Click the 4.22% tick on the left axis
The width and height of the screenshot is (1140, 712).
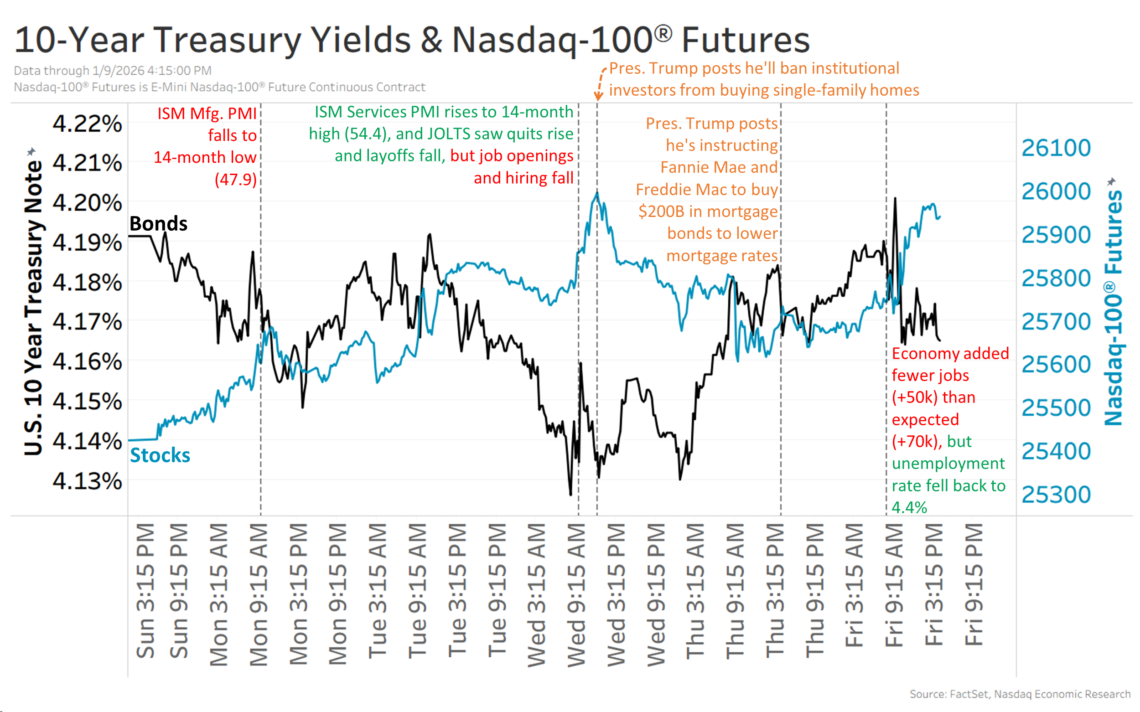[87, 124]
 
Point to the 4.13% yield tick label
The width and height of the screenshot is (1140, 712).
[87, 481]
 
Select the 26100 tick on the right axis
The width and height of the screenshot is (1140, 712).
[1056, 148]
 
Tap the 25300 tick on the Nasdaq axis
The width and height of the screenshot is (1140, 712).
[1056, 495]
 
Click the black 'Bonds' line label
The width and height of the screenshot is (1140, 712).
[158, 223]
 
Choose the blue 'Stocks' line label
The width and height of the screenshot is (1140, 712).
[160, 455]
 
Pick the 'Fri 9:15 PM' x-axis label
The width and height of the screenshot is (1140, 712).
[974, 584]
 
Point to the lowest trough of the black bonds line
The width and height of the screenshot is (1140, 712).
[570, 495]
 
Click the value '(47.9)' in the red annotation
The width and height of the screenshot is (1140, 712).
[236, 180]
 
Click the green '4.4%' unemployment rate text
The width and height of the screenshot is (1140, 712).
[909, 507]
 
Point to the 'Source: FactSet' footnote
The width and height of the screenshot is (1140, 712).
[1020, 694]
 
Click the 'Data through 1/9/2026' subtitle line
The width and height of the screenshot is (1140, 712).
[113, 71]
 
